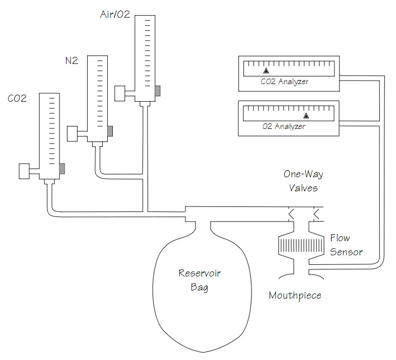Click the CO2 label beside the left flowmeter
17,98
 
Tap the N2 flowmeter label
72,60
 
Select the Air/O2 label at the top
115,14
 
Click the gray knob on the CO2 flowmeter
62,169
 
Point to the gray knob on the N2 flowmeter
110,131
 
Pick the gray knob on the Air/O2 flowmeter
158,91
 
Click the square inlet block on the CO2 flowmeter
24,171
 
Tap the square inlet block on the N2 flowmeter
72,133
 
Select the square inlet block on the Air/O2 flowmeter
120,94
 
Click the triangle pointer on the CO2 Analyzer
266,71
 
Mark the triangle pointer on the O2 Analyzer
306,116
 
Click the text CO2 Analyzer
285,82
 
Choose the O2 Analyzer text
284,126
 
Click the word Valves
303,188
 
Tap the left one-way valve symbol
291,214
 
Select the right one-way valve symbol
316,214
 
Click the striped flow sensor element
301,246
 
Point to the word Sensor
346,252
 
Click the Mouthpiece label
295,296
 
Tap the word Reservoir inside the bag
200,273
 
